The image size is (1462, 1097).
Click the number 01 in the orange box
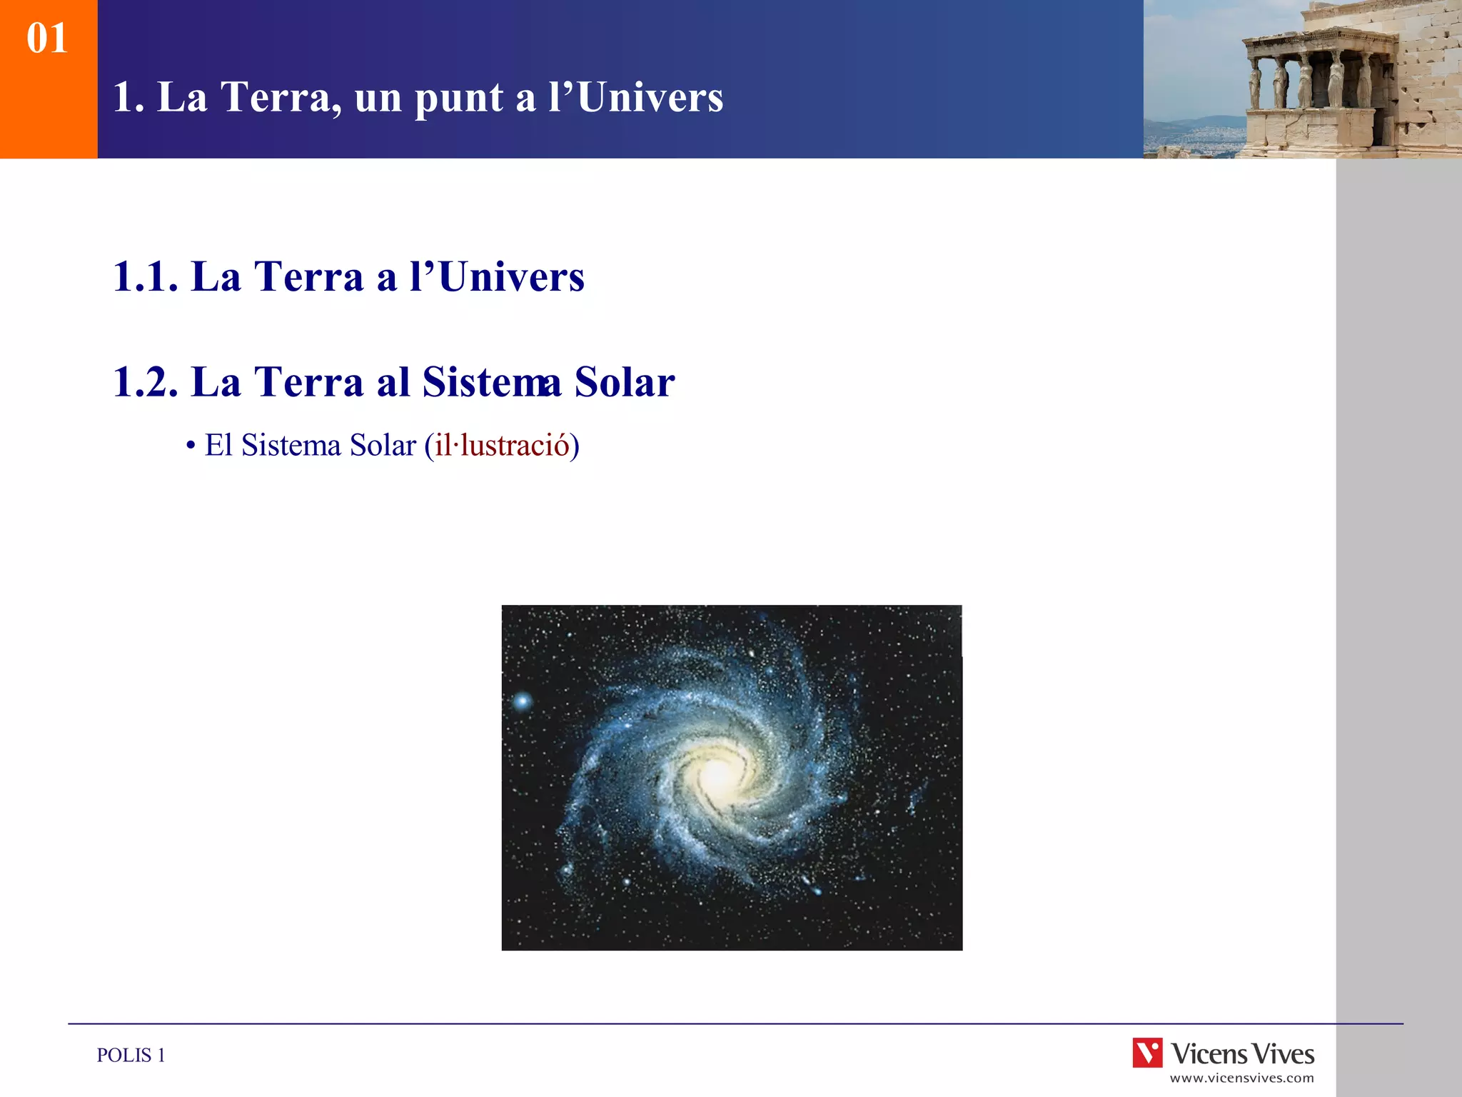click(x=47, y=39)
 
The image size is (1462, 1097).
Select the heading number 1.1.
click(x=145, y=277)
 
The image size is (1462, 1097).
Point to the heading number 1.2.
click(x=145, y=382)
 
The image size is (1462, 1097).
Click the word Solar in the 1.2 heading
click(x=625, y=382)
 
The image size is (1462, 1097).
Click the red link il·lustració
click(x=502, y=446)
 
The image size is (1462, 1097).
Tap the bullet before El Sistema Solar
click(x=190, y=446)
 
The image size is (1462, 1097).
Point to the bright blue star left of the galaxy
click(x=523, y=701)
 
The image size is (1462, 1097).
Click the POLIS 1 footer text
click(x=131, y=1056)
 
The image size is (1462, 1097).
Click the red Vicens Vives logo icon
click(x=1147, y=1053)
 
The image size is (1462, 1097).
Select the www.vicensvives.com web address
click(x=1241, y=1078)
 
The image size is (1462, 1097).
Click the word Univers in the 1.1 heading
click(x=511, y=277)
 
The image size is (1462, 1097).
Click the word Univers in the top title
click(x=650, y=97)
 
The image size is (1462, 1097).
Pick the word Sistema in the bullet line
click(x=291, y=446)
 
